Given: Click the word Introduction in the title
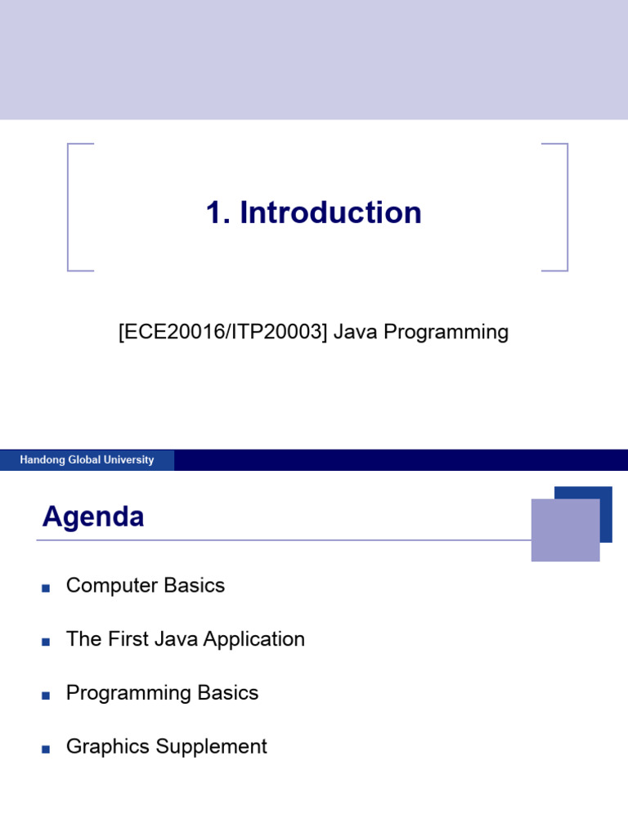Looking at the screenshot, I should point(331,213).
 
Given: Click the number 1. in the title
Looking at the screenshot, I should point(219,213).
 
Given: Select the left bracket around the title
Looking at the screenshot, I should point(70,207).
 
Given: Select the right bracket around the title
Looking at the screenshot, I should point(565,207).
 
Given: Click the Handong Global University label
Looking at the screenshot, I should point(87,460).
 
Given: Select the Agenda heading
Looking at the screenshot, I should point(93,517).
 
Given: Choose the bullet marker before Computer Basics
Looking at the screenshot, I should point(46,588).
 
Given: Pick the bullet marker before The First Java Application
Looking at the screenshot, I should point(46,642).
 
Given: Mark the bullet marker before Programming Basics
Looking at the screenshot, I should point(46,695).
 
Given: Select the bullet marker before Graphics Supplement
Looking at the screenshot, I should point(46,749).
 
